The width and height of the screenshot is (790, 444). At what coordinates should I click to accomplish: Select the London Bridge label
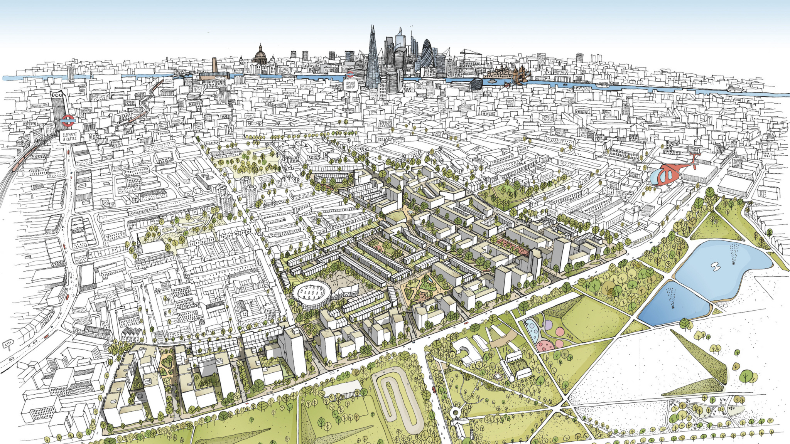point(351,86)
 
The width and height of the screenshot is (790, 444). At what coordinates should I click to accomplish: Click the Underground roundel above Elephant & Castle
point(68,121)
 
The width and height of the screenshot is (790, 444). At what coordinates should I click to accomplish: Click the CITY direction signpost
point(7,344)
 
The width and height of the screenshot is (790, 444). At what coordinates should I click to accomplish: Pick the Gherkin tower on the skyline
point(427,54)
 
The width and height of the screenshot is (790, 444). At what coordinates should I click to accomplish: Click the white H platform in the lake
point(716,266)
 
